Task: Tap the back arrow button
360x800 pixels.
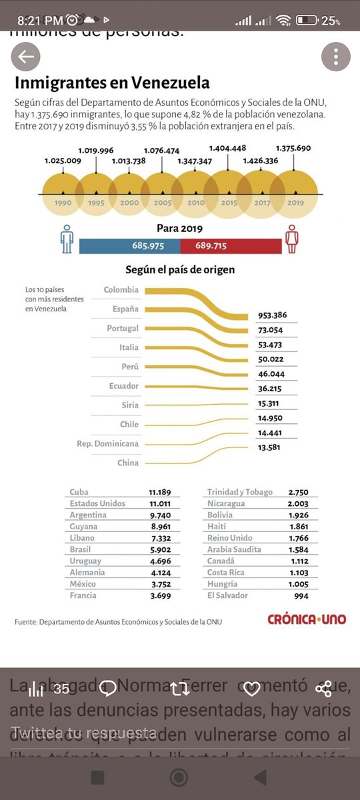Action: point(26,57)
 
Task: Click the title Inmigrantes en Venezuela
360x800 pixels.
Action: point(112,83)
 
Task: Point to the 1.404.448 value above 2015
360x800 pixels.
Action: point(227,148)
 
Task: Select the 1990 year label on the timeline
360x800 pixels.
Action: point(63,203)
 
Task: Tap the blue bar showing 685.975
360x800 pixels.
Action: point(129,246)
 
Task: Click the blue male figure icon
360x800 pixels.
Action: point(67,239)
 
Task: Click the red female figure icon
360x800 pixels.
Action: point(291,239)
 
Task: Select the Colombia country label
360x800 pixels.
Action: point(121,290)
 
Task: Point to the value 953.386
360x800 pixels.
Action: point(273,316)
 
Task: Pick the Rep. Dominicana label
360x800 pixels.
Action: point(108,443)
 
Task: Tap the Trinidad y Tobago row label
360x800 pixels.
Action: point(240,492)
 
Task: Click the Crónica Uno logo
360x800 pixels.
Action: point(307,619)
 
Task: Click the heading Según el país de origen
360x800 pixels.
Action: point(180,270)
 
